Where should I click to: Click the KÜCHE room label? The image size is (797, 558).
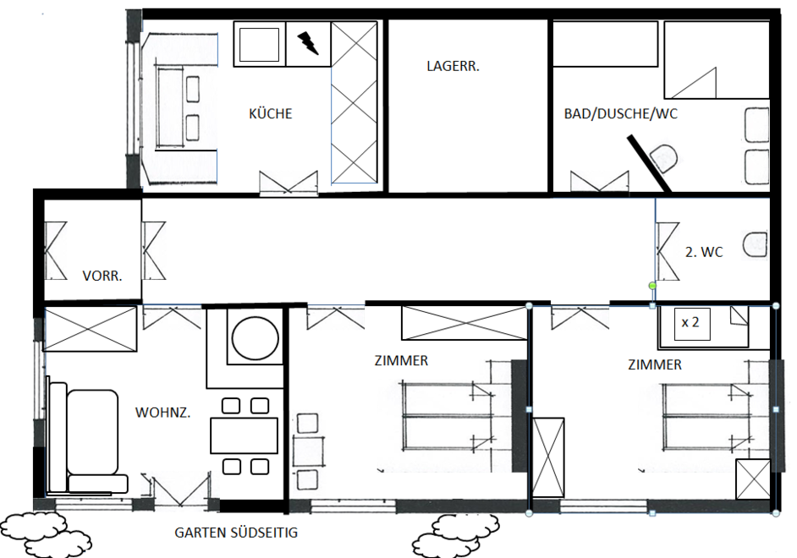click(271, 113)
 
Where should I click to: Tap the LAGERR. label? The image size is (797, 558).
click(453, 66)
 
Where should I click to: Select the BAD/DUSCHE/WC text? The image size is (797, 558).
click(621, 113)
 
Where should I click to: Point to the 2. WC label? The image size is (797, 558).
click(704, 252)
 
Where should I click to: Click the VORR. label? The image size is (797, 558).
click(102, 276)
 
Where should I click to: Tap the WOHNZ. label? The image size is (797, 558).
click(162, 413)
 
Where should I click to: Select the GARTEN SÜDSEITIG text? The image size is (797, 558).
click(236, 532)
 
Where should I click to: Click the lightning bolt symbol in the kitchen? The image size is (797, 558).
click(308, 42)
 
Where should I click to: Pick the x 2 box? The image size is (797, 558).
click(692, 323)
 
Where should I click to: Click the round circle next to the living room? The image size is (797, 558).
click(256, 338)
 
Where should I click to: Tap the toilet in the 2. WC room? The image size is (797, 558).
click(756, 244)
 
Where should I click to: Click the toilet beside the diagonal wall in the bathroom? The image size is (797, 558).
click(663, 158)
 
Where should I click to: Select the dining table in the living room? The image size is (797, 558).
click(244, 435)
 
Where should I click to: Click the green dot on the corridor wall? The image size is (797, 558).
click(652, 286)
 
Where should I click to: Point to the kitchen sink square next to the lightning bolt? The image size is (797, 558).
click(259, 44)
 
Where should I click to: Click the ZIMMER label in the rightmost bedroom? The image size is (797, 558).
click(655, 364)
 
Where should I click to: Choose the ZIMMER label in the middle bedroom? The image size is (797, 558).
click(401, 360)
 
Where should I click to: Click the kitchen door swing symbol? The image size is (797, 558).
click(289, 183)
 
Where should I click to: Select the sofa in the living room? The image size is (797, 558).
click(87, 439)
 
